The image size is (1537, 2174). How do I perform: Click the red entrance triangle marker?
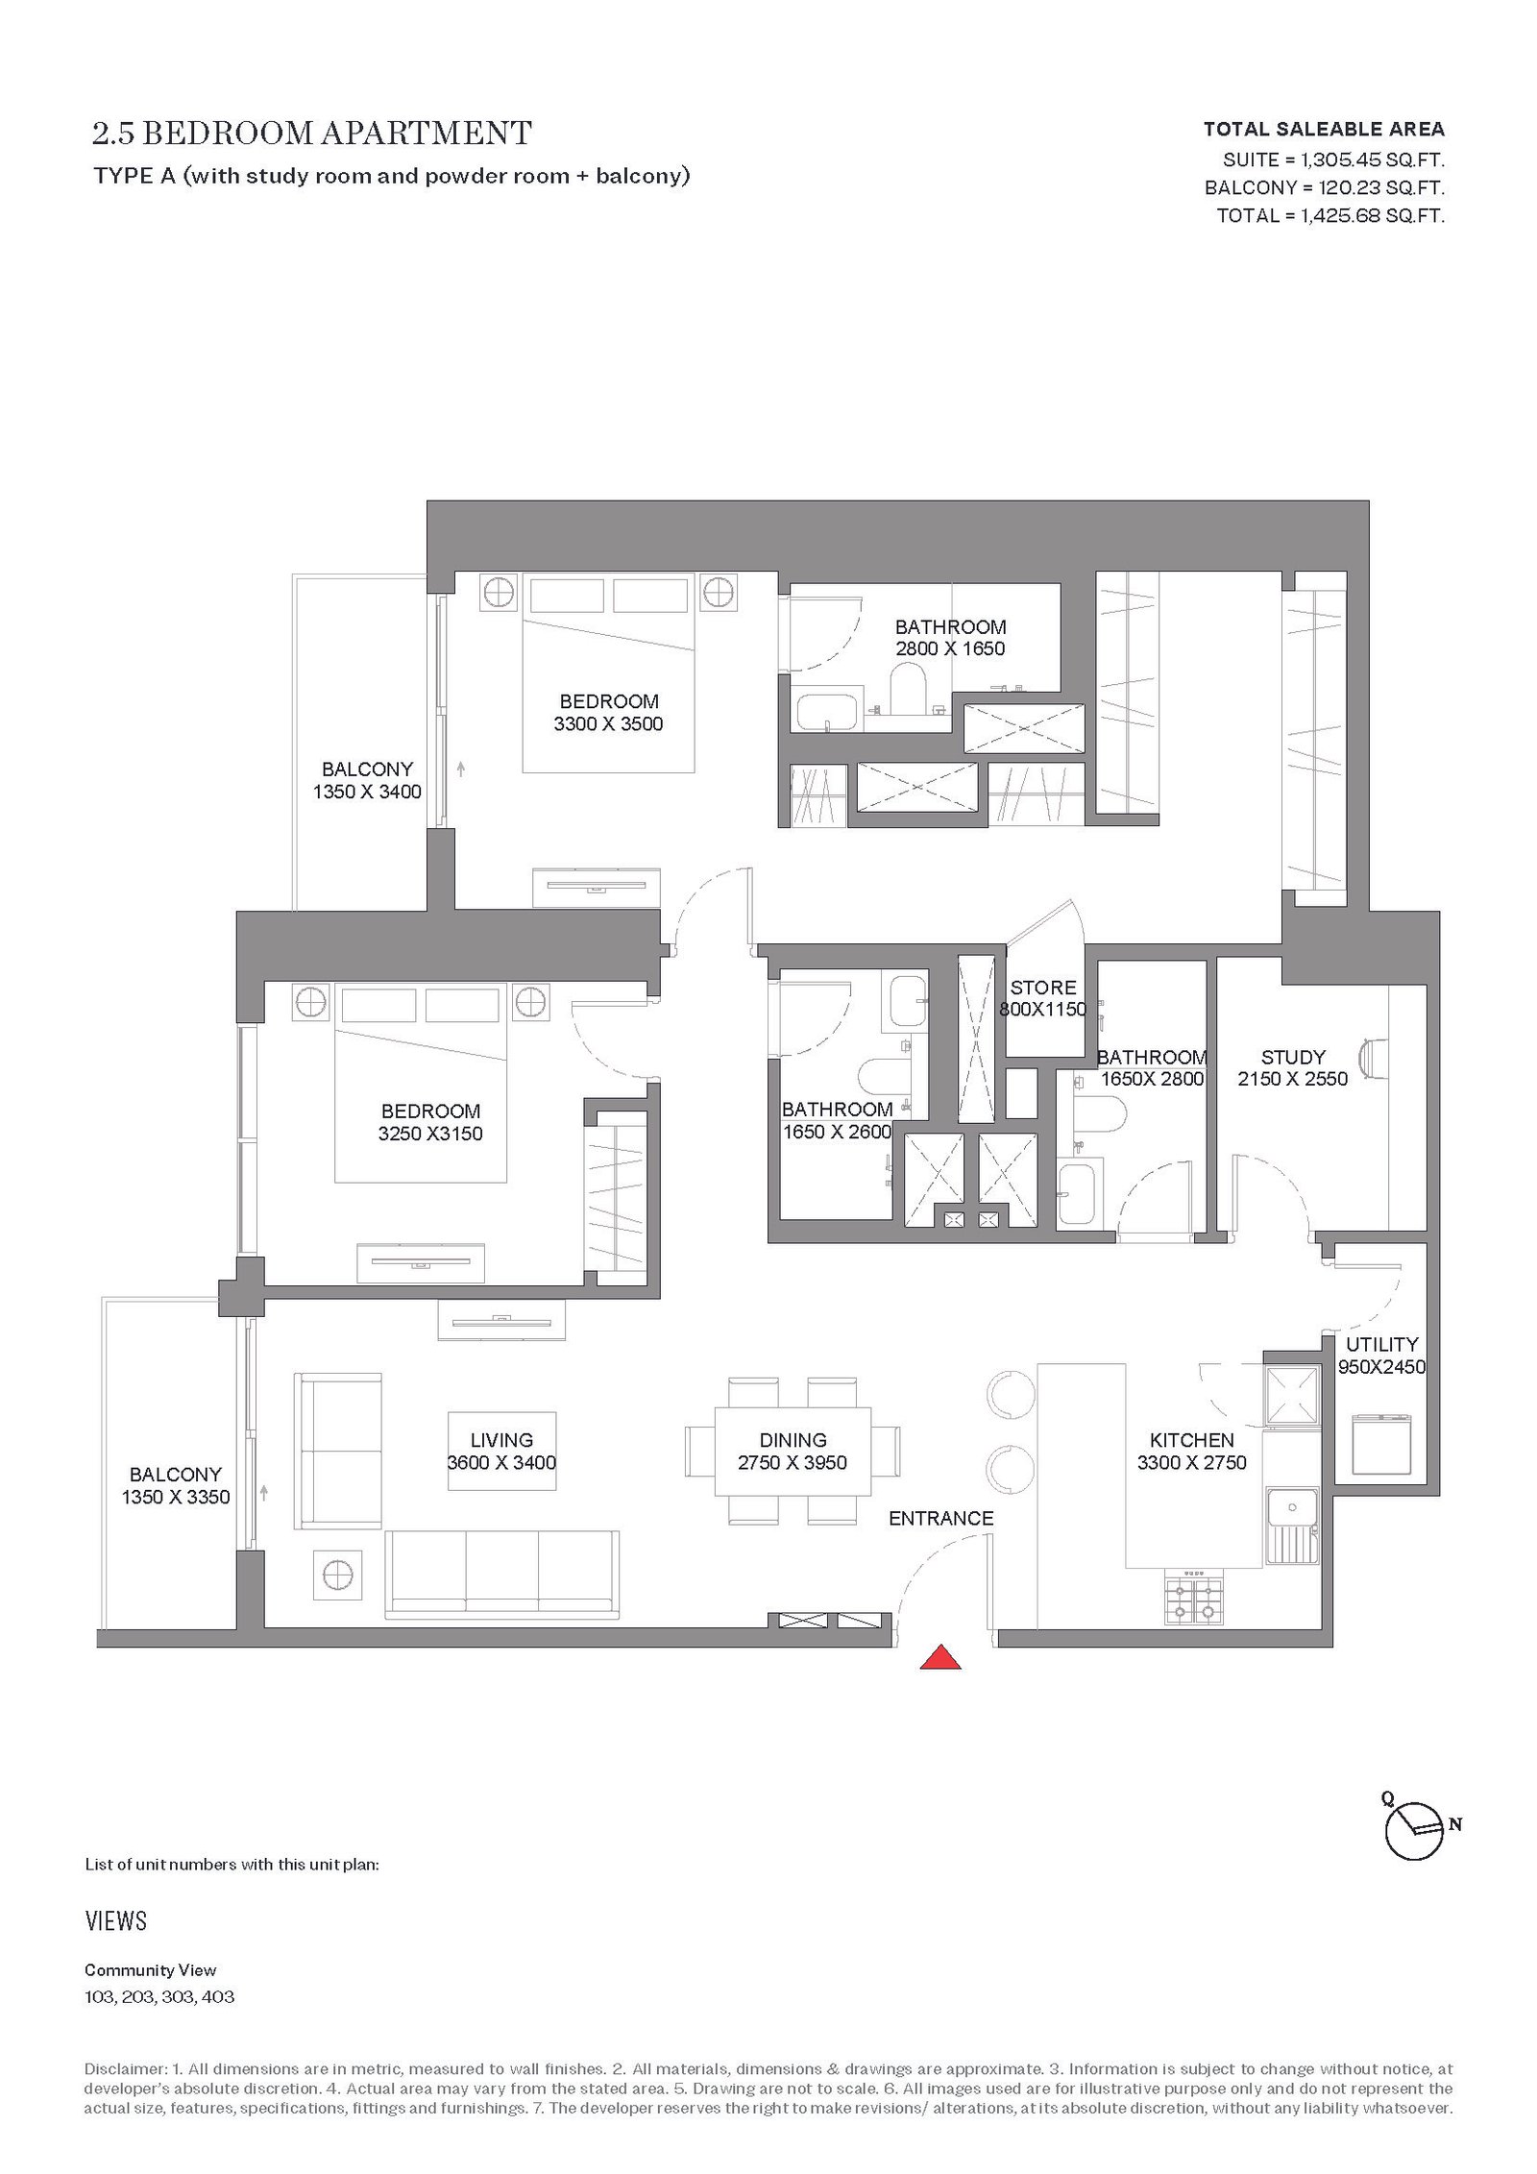(x=941, y=1659)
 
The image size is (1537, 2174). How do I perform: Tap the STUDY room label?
(x=1293, y=1057)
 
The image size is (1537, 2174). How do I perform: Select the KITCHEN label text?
(x=1191, y=1440)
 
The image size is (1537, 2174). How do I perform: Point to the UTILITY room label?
(x=1381, y=1344)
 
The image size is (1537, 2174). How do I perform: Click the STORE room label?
(x=1043, y=988)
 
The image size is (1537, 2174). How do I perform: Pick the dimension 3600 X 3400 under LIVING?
(x=501, y=1463)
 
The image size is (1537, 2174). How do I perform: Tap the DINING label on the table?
(x=793, y=1440)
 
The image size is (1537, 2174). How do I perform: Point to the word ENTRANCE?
(x=940, y=1519)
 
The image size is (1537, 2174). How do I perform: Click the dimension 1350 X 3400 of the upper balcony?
(x=367, y=792)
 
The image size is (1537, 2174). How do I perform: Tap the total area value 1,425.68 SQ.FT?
(x=1372, y=215)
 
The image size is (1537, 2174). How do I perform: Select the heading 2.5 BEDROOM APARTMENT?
(x=312, y=133)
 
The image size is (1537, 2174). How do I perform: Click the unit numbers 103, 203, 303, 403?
(x=159, y=1996)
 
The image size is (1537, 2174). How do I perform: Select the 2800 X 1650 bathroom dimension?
(x=950, y=648)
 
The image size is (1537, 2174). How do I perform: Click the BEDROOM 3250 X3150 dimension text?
(x=430, y=1134)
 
